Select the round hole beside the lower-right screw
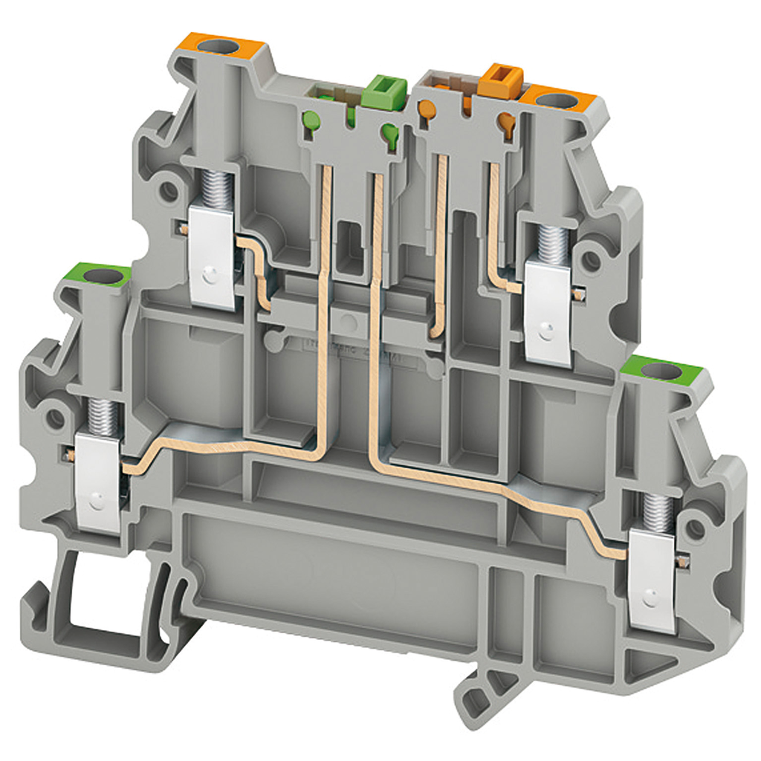click(695, 528)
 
